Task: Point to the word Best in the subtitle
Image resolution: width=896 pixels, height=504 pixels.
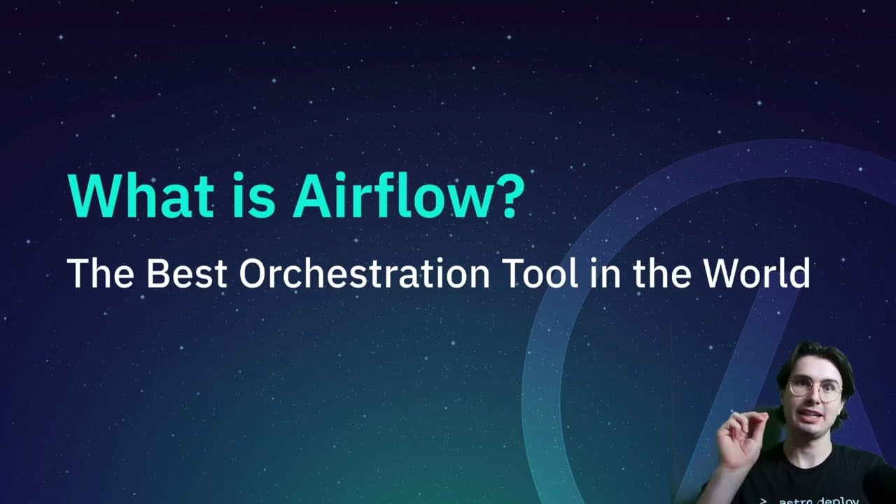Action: pos(186,273)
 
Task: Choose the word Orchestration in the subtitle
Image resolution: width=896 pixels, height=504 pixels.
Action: pos(364,273)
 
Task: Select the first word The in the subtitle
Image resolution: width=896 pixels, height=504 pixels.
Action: pos(99,273)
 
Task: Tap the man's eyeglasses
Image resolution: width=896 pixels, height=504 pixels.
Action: pos(816,388)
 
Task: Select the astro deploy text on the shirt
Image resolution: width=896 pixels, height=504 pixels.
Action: pos(812,500)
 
